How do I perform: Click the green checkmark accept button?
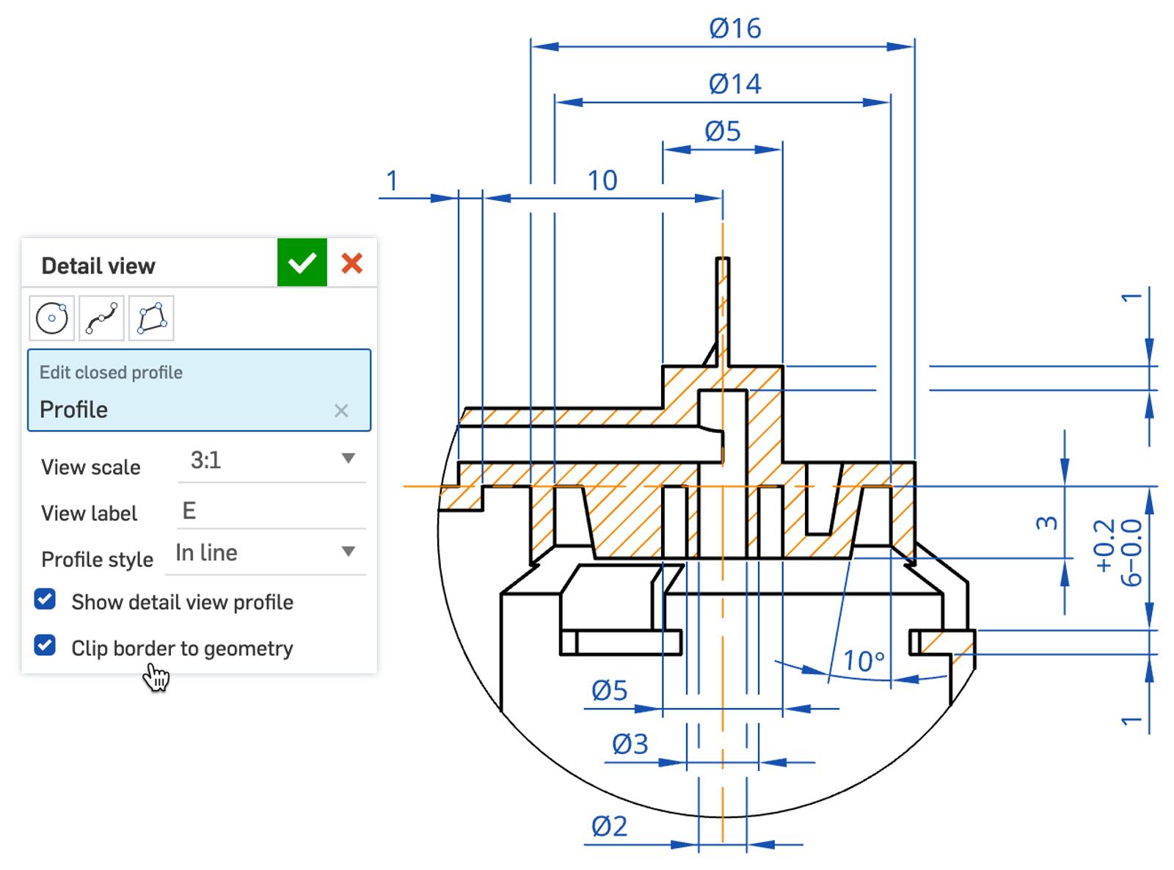click(302, 263)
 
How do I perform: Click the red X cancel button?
click(352, 263)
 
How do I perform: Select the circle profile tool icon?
click(51, 318)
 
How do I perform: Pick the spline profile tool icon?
click(101, 318)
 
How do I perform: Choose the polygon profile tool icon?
click(151, 318)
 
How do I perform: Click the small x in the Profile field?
click(341, 411)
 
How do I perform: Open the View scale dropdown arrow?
click(349, 459)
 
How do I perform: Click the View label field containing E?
click(271, 511)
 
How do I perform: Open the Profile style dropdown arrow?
click(349, 552)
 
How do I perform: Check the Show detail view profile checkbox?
click(45, 600)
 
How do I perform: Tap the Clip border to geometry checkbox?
click(45, 646)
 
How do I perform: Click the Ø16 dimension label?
click(734, 29)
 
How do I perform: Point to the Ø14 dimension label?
click(734, 84)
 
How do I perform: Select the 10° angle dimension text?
click(864, 662)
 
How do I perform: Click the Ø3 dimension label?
click(630, 745)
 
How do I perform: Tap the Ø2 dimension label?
click(610, 827)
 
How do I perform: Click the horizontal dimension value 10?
click(602, 180)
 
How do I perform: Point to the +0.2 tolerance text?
click(1104, 546)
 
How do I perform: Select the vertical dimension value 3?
click(1047, 523)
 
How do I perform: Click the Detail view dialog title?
click(98, 266)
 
